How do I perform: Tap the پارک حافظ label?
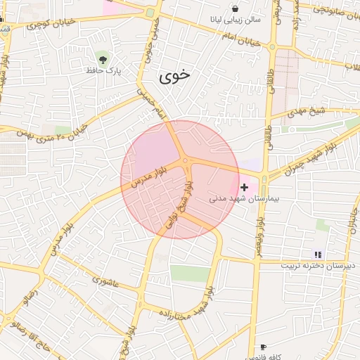pyautogui.click(x=104, y=70)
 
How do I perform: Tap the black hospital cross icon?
pyautogui.click(x=244, y=187)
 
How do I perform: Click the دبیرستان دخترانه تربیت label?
pyautogui.click(x=319, y=266)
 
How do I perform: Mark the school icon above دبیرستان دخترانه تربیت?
pyautogui.click(x=318, y=255)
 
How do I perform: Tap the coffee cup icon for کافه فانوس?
pyautogui.click(x=263, y=347)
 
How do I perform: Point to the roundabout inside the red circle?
pyautogui.click(x=185, y=162)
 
